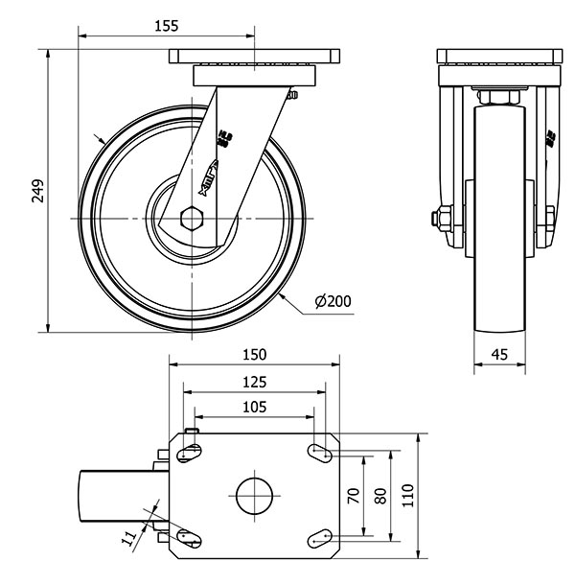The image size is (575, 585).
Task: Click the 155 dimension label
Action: (x=166, y=27)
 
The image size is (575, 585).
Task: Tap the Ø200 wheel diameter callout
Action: (x=333, y=301)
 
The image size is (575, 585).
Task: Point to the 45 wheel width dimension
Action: (x=499, y=354)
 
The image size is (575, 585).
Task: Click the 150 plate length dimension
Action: (x=254, y=354)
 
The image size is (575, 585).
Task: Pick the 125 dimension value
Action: (x=254, y=382)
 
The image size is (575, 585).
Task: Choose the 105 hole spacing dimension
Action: (x=254, y=407)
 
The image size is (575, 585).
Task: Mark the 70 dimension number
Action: (x=353, y=496)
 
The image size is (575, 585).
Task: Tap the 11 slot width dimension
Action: (x=129, y=540)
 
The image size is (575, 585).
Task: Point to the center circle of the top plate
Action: (x=255, y=495)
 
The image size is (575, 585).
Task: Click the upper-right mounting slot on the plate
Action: (x=321, y=450)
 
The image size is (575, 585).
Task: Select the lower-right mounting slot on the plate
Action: (x=321, y=540)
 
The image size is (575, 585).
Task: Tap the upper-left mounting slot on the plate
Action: (x=189, y=451)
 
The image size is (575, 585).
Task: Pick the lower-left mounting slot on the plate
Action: (x=189, y=539)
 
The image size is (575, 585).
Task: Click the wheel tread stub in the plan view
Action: (x=115, y=495)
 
